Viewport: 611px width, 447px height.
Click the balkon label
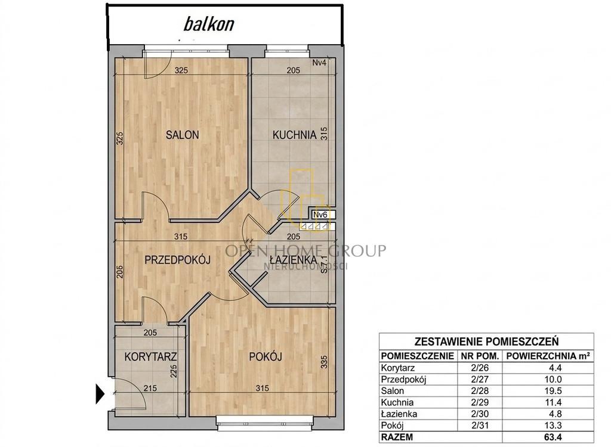point(209,24)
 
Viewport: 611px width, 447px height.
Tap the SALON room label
point(183,135)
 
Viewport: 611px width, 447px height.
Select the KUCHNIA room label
point(294,135)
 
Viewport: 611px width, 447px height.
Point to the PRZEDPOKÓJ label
point(178,260)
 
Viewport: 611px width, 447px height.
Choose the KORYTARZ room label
point(151,356)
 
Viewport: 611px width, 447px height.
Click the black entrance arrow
point(100,394)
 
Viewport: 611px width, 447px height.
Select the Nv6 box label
point(320,214)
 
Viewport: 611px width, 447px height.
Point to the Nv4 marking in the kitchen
point(319,63)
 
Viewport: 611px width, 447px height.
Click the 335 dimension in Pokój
point(324,362)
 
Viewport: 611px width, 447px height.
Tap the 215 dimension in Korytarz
point(150,388)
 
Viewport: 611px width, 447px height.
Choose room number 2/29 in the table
point(480,403)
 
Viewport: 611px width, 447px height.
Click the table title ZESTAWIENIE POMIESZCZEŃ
point(486,342)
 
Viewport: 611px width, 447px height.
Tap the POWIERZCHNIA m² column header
point(548,356)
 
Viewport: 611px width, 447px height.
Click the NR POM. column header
point(480,356)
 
